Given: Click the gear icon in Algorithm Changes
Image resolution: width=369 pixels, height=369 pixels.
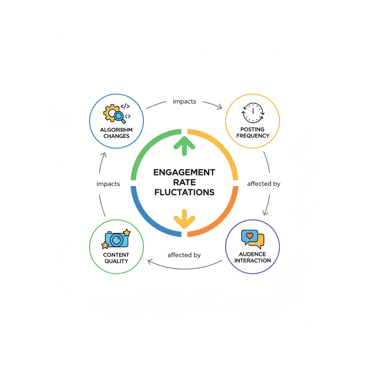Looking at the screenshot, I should pyautogui.click(x=111, y=112).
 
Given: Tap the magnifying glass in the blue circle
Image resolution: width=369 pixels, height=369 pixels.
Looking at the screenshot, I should pyautogui.click(x=119, y=116).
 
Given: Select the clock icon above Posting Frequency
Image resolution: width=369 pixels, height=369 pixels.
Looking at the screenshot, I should pyautogui.click(x=253, y=113).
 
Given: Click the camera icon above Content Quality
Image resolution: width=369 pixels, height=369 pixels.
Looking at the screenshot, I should pyautogui.click(x=116, y=239).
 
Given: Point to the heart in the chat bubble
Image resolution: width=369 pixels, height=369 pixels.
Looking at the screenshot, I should pyautogui.click(x=249, y=236).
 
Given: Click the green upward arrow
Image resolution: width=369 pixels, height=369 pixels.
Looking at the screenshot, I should pyautogui.click(x=184, y=146).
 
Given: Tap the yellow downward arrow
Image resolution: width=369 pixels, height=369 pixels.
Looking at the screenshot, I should pyautogui.click(x=184, y=219).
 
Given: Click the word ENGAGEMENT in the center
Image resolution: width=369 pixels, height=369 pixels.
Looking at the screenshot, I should pyautogui.click(x=184, y=172).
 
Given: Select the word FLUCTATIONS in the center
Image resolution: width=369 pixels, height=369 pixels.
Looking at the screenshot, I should pyautogui.click(x=184, y=192).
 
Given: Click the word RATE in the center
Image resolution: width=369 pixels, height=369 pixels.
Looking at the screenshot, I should pyautogui.click(x=184, y=182).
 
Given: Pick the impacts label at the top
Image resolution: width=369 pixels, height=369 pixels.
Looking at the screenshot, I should pyautogui.click(x=184, y=102).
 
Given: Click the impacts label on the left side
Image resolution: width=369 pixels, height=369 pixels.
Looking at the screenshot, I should pyautogui.click(x=108, y=184).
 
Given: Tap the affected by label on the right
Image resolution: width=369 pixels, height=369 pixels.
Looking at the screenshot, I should pyautogui.click(x=264, y=184).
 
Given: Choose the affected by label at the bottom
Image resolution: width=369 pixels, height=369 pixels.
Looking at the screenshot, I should pyautogui.click(x=184, y=255).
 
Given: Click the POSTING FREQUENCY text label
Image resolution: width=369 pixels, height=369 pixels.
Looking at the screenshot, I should pyautogui.click(x=253, y=133).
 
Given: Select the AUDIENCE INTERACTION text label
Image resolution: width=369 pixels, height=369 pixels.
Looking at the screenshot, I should pyautogui.click(x=253, y=257).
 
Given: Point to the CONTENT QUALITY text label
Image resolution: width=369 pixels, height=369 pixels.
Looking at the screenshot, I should pyautogui.click(x=116, y=258).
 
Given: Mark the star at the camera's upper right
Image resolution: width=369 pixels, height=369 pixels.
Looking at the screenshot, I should pyautogui.click(x=126, y=233).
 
